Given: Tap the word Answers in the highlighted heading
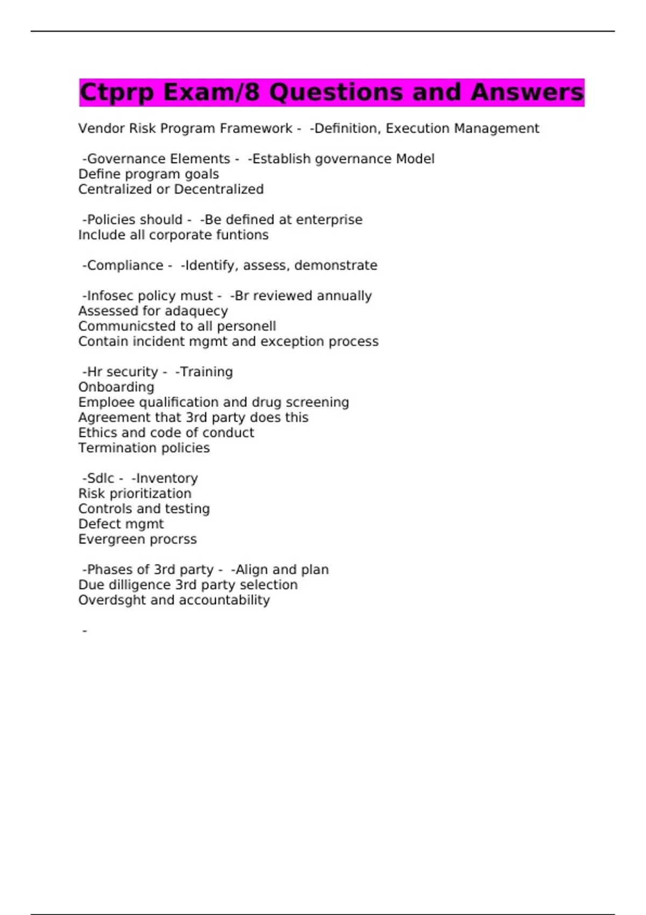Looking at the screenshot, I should tap(527, 93).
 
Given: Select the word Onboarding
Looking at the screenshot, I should tap(116, 388).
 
